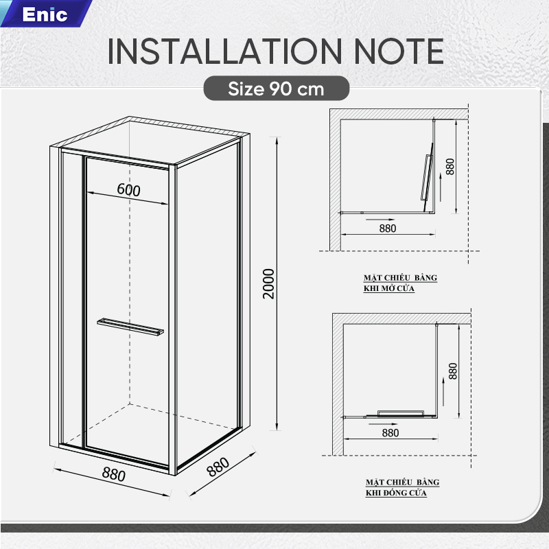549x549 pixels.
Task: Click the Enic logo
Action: click(45, 14)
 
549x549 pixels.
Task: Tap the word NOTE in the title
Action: click(399, 51)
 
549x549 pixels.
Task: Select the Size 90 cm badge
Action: click(277, 89)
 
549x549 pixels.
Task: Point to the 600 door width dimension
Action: click(128, 189)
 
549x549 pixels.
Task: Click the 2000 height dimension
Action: click(268, 283)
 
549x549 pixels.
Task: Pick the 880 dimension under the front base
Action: click(113, 474)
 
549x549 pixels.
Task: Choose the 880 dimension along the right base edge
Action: click(218, 467)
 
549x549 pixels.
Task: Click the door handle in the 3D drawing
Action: click(130, 327)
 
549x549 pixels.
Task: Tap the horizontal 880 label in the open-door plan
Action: click(388, 229)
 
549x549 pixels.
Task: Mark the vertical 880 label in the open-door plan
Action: click(450, 167)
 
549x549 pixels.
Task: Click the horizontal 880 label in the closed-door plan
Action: click(390, 433)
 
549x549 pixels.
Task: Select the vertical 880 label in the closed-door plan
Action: click(453, 371)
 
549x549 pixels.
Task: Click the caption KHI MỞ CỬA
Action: click(389, 288)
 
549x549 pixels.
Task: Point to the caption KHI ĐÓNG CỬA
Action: click(397, 493)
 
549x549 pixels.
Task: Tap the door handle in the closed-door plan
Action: click(401, 413)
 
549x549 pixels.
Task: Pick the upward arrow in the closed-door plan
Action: click(443, 392)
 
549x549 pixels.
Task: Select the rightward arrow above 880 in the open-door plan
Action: click(380, 220)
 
